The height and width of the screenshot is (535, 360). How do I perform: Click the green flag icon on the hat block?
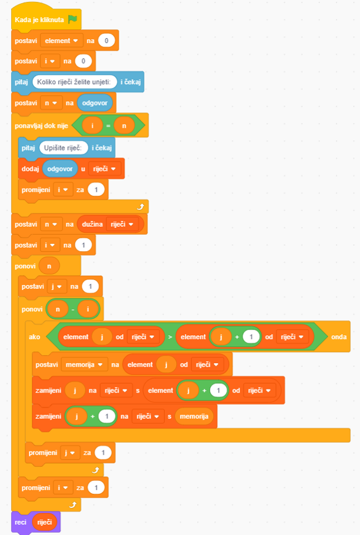[x=72, y=20]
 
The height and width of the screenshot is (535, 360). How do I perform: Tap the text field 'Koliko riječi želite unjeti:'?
[x=74, y=82]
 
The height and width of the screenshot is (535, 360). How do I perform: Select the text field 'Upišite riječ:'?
[x=63, y=148]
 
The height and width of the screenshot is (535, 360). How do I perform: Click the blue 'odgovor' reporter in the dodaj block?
[x=60, y=169]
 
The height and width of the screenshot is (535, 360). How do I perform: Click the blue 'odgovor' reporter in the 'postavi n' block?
[x=95, y=103]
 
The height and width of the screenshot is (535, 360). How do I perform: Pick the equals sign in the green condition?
[x=108, y=126]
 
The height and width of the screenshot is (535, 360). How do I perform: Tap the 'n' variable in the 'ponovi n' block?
[x=49, y=266]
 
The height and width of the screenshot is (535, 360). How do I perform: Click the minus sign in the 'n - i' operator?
[x=72, y=310]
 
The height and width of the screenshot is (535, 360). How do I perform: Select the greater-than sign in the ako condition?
[x=170, y=337]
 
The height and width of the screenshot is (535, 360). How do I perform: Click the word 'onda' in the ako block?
[x=339, y=337]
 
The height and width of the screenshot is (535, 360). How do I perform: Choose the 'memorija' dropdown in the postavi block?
[x=84, y=365]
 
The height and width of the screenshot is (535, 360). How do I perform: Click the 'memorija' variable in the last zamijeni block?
[x=194, y=416]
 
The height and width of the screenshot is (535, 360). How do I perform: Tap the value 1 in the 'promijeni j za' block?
[x=103, y=453]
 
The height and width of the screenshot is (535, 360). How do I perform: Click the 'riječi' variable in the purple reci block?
[x=45, y=522]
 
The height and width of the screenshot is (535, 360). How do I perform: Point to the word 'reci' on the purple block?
[x=20, y=522]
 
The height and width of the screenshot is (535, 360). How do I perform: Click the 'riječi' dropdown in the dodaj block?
[x=104, y=169]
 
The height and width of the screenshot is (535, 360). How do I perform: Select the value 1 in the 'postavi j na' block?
[x=90, y=286]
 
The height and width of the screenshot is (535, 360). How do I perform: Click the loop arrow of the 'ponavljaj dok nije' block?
[x=141, y=207]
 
